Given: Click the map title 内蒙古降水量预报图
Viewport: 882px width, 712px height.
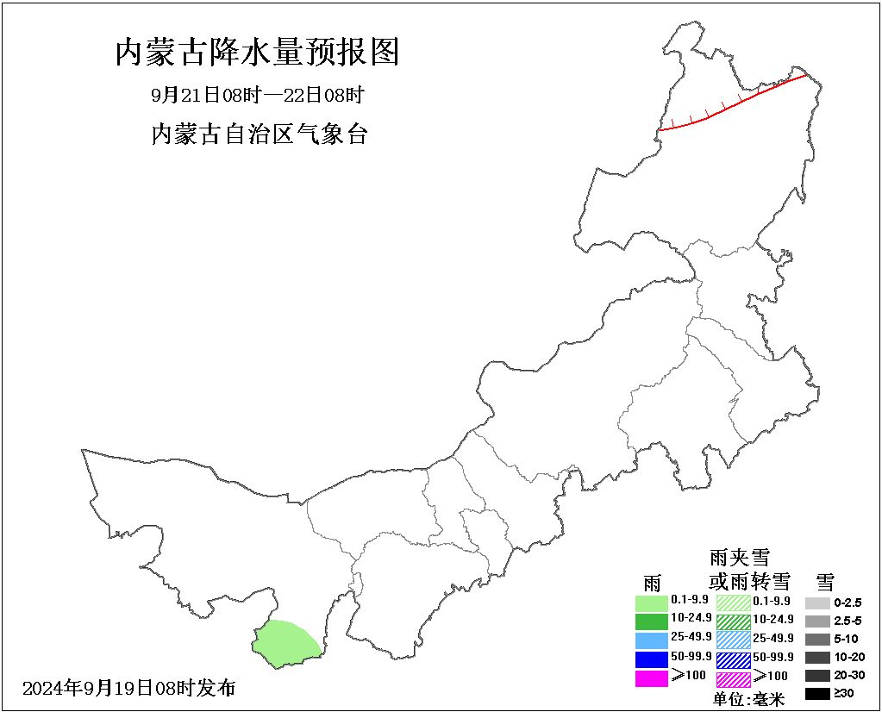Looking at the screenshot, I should (257, 53).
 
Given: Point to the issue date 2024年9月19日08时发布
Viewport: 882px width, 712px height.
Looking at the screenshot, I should (129, 688).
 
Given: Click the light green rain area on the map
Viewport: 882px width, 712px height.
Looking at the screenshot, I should (285, 643).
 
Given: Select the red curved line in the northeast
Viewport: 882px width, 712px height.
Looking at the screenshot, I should (733, 104).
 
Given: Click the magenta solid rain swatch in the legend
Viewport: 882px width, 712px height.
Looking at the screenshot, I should (652, 678).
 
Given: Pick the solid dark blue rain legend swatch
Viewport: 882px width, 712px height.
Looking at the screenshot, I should (652, 659).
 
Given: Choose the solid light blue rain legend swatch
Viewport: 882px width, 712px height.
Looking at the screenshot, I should (652, 640).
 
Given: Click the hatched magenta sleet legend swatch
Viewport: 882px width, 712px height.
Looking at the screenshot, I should (733, 679).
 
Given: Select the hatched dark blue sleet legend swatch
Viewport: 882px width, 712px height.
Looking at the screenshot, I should (733, 659).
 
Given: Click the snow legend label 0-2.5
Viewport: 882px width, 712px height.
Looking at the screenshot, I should (848, 603).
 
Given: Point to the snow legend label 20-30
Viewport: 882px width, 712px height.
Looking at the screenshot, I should (848, 675).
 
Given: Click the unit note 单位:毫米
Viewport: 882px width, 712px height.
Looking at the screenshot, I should (749, 700).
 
